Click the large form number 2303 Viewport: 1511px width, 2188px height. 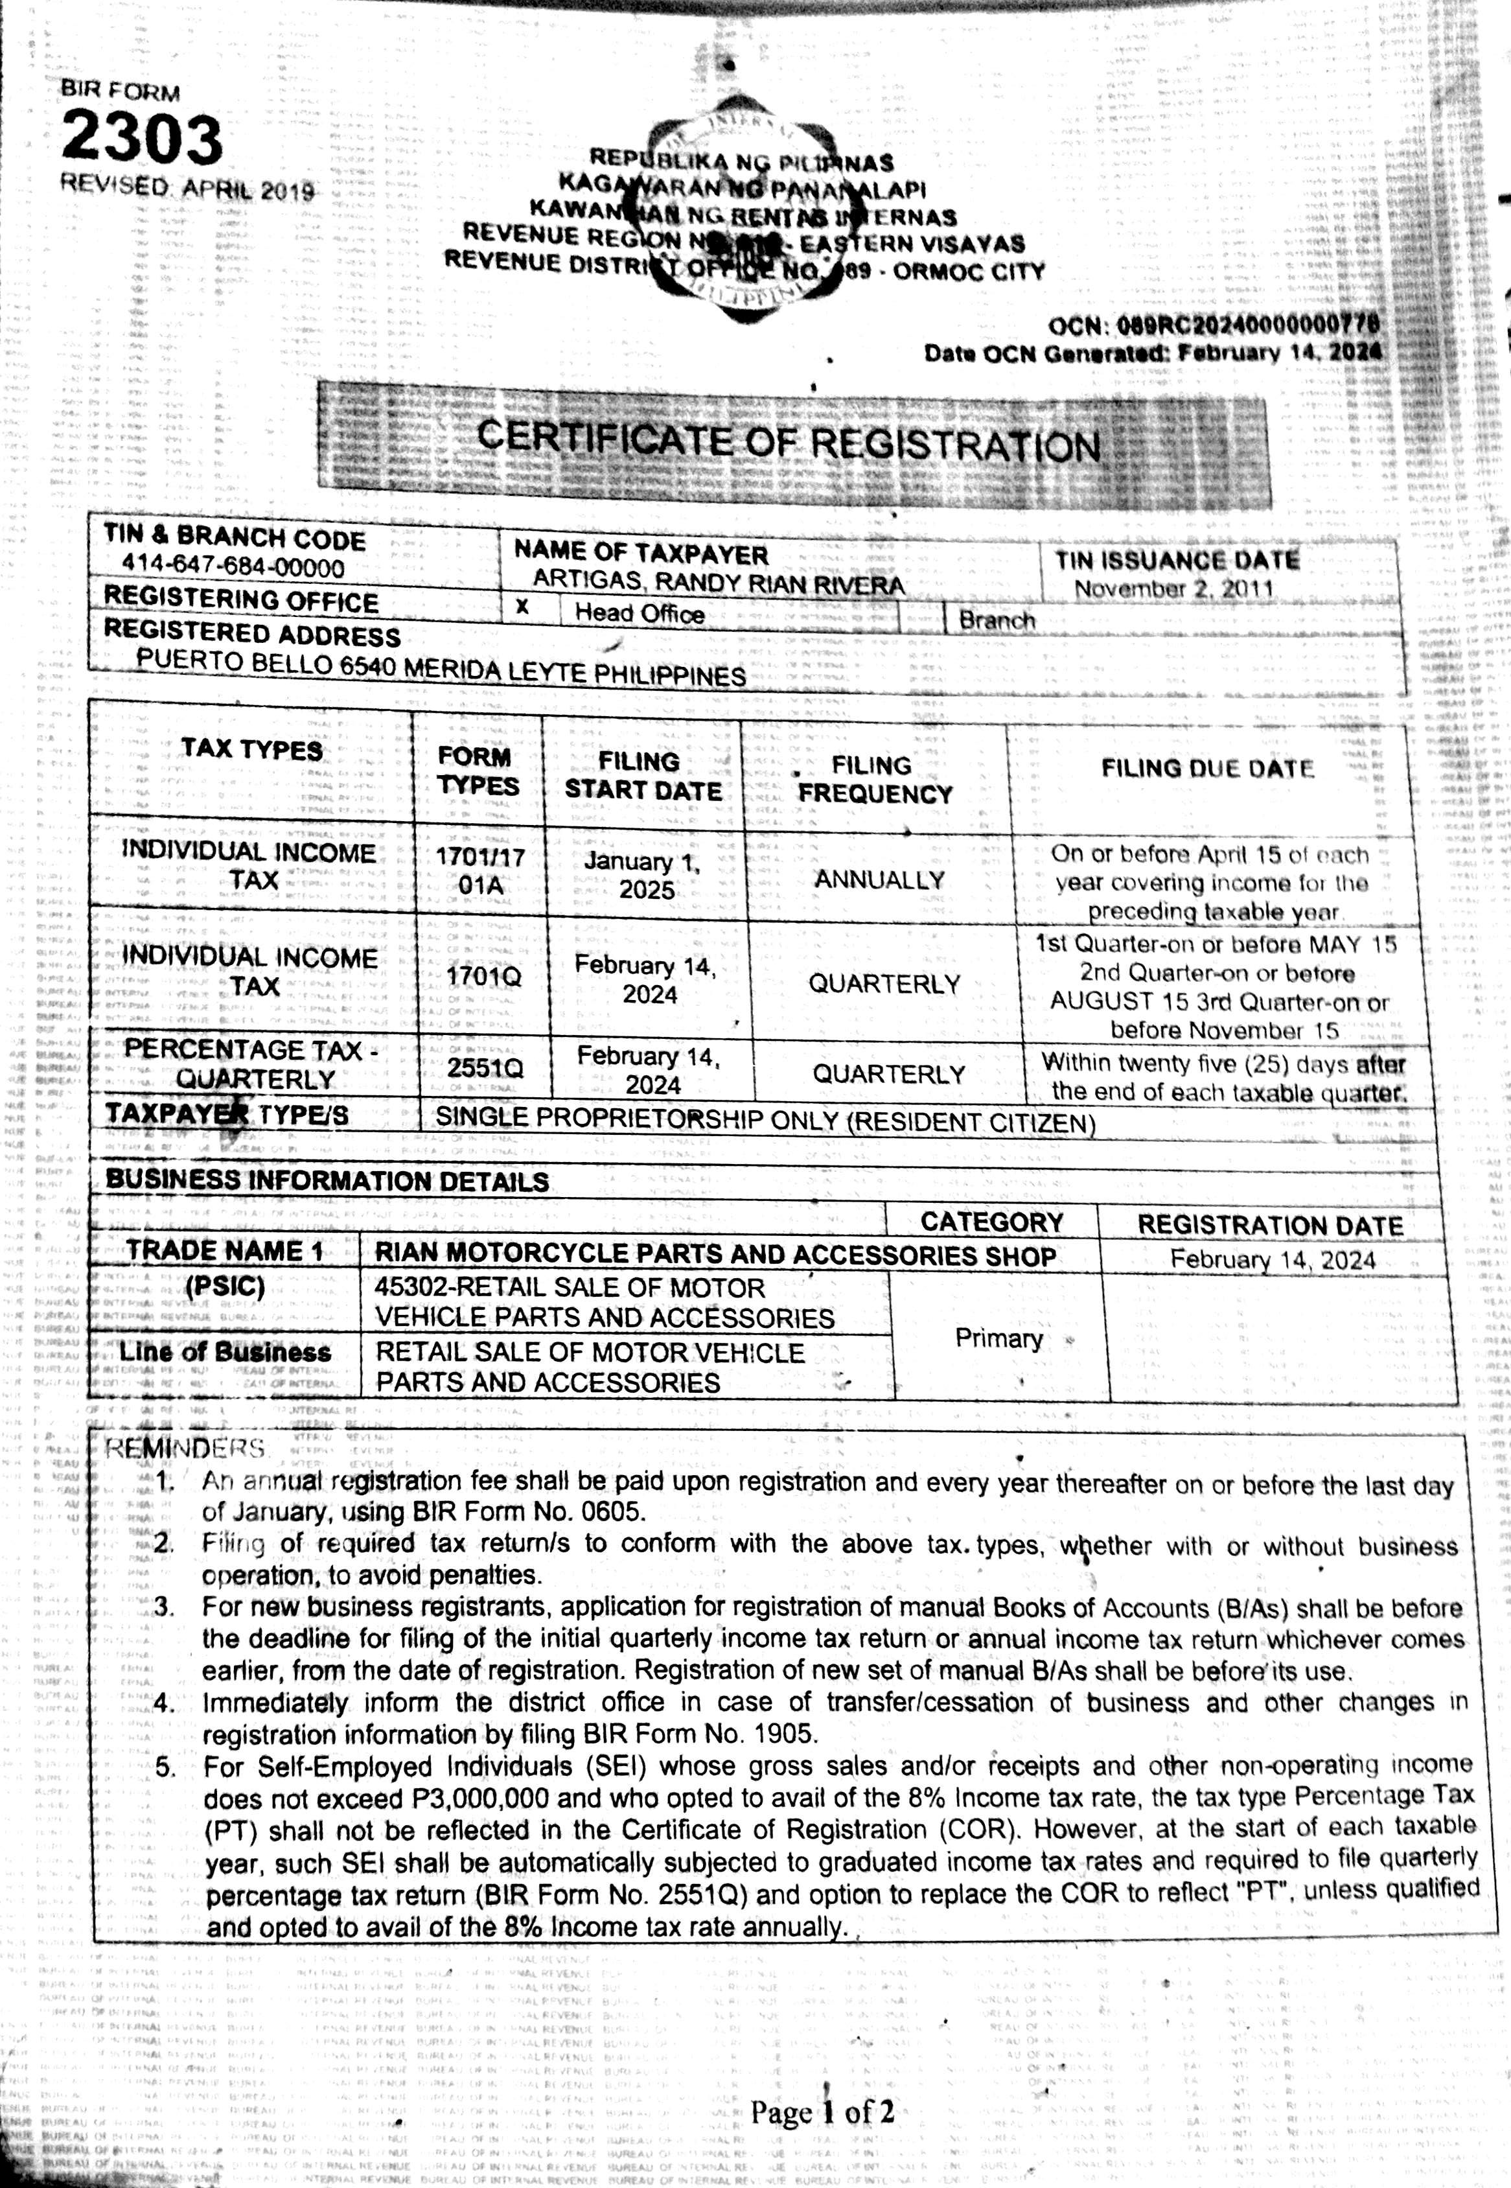pos(142,138)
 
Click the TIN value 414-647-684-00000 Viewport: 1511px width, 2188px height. pos(233,568)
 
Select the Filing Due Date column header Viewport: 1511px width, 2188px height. pos(1207,768)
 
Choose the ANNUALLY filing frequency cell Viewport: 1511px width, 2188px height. pos(879,879)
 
